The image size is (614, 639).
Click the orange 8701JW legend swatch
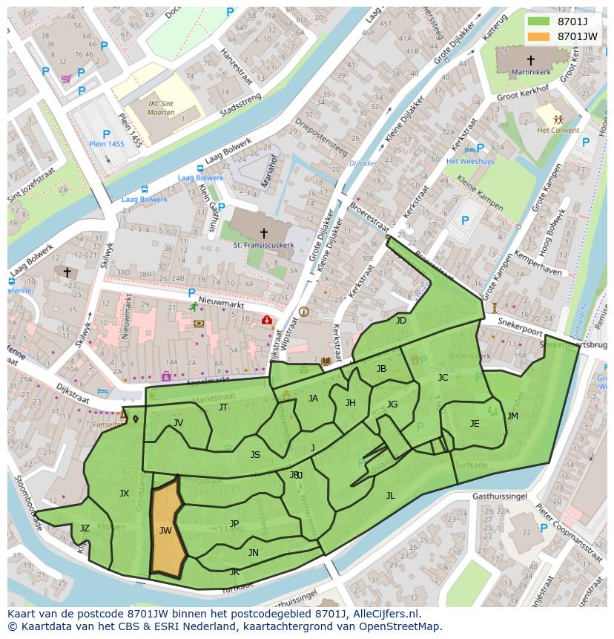[x=539, y=36]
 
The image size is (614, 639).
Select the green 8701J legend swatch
[x=539, y=21]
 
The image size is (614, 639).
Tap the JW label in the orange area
[x=165, y=531]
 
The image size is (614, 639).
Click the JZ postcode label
[x=85, y=528]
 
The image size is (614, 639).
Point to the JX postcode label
[x=124, y=493]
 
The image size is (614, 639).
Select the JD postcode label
[x=401, y=321]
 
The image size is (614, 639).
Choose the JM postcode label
[x=512, y=416]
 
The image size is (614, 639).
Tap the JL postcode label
[x=391, y=496]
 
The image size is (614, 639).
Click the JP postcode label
[x=234, y=524]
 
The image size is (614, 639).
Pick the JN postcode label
[x=254, y=553]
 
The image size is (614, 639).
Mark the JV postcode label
[x=178, y=423]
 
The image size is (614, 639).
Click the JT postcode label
[x=223, y=407]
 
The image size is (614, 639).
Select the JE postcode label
[x=475, y=424]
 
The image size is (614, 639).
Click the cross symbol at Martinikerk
[x=530, y=60]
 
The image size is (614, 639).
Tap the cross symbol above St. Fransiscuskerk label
[x=263, y=233]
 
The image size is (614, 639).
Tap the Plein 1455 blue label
[x=107, y=144]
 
